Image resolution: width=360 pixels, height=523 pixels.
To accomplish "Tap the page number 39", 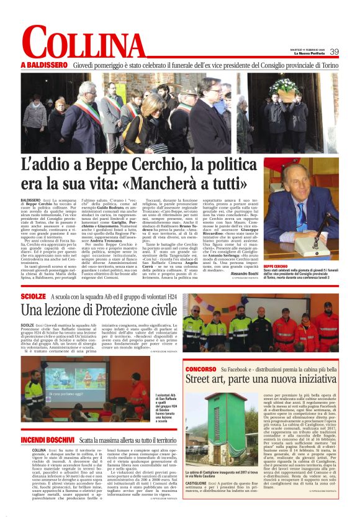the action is (334, 52).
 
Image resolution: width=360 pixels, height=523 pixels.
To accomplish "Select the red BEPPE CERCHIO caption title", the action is (279, 248).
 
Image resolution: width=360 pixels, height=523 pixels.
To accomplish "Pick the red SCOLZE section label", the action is (33, 297).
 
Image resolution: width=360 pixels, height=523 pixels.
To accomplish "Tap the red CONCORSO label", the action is (201, 368).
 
